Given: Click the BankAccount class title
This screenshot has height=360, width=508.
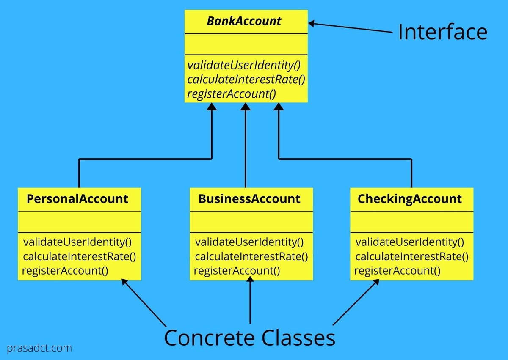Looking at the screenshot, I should tap(244, 21).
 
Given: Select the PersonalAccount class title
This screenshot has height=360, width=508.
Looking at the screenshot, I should tap(77, 199).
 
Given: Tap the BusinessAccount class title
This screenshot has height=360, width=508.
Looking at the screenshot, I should tap(249, 199).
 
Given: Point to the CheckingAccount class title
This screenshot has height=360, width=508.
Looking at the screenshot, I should tap(410, 199).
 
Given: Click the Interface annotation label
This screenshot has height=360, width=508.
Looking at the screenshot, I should tap(442, 32).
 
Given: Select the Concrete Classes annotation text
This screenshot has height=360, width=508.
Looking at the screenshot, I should tap(249, 338).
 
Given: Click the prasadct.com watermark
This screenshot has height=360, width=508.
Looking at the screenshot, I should tap(39, 348).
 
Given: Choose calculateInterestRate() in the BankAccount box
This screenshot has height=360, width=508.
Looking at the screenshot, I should tap(246, 80).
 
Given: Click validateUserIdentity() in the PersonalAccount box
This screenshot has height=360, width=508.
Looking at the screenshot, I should tap(77, 242).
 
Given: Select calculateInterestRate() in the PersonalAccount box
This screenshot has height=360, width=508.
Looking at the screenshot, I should tap(80, 257).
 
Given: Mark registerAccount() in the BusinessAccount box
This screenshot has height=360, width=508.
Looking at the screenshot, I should tap(237, 271).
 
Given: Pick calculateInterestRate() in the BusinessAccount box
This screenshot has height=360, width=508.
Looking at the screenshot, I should tap(251, 257).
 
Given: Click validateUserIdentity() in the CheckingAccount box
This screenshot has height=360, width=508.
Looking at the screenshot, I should tap(410, 242).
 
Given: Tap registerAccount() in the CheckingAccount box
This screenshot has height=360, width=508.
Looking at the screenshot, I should tap(397, 271).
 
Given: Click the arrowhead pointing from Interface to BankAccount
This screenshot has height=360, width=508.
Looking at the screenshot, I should tap(312, 24).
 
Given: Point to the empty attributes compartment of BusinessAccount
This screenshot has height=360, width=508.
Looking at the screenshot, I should tap(251, 222).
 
